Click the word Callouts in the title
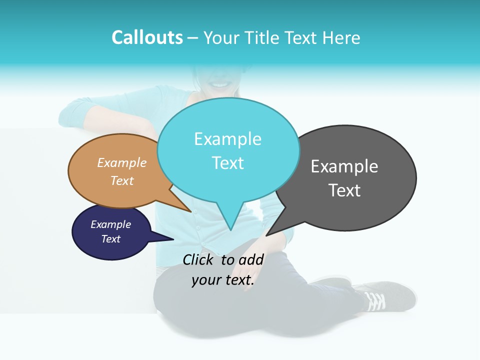click(x=147, y=37)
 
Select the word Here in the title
click(x=342, y=37)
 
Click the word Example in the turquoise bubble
click(x=227, y=139)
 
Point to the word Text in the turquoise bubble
click(x=228, y=163)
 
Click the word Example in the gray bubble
click(x=344, y=166)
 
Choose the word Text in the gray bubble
click(x=344, y=190)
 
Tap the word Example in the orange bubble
click(x=122, y=162)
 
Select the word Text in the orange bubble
click(x=122, y=180)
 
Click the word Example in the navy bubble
click(x=111, y=224)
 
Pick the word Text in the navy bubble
click(x=111, y=239)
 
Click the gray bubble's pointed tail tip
click(x=267, y=235)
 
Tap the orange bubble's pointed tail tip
click(x=190, y=211)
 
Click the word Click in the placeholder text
click(x=199, y=259)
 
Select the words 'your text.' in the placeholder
click(x=223, y=280)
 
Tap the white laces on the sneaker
click(x=375, y=300)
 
